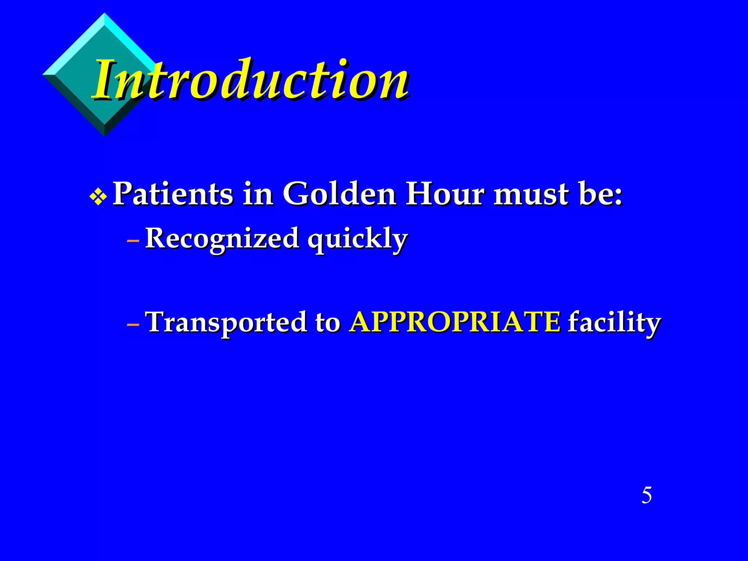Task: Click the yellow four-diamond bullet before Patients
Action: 98,198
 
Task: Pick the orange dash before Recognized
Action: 133,241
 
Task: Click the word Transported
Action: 226,322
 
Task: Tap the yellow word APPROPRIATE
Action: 455,322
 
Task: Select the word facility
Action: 614,323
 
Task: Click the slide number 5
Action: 646,496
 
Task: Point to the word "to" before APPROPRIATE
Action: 328,323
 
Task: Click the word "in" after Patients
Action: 258,194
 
